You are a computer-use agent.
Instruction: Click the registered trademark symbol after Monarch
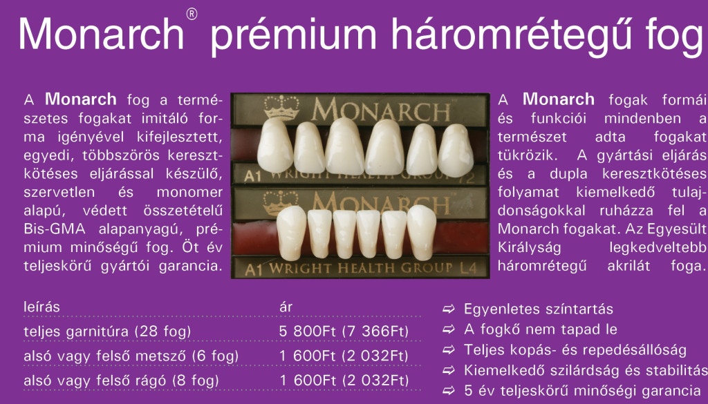pyautogui.click(x=192, y=15)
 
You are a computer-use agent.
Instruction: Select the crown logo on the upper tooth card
pyautogui.click(x=282, y=107)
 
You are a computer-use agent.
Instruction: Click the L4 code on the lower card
pyautogui.click(x=468, y=268)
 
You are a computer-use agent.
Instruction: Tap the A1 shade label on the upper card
pyautogui.click(x=253, y=176)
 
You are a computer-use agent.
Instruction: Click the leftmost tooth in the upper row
pyautogui.click(x=275, y=145)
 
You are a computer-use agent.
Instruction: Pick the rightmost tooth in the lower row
pyautogui.click(x=422, y=232)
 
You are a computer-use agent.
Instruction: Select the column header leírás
pyautogui.click(x=41, y=307)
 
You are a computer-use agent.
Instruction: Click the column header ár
pyautogui.click(x=286, y=307)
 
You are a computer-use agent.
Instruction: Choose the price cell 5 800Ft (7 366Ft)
pyautogui.click(x=344, y=331)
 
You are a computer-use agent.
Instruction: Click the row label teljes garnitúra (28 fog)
pyautogui.click(x=107, y=332)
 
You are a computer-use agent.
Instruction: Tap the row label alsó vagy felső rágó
pyautogui.click(x=121, y=381)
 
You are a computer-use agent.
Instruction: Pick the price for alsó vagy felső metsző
pyautogui.click(x=344, y=356)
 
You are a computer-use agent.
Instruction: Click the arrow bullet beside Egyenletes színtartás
pyautogui.click(x=448, y=309)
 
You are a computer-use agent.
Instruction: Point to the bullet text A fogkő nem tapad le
pyautogui.click(x=541, y=329)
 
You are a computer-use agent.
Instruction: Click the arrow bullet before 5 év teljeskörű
pyautogui.click(x=448, y=390)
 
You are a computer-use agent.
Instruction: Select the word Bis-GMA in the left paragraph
pyautogui.click(x=55, y=229)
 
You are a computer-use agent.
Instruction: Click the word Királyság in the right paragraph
pyautogui.click(x=529, y=248)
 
